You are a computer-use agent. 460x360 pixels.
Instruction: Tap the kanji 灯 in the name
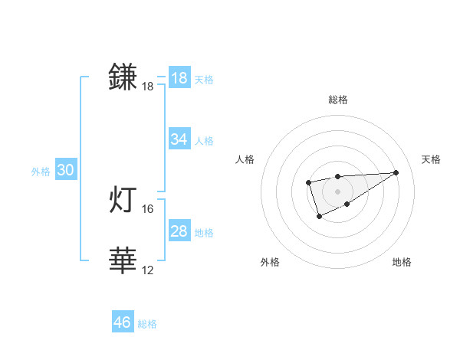(123, 199)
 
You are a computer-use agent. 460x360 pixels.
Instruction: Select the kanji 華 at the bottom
(123, 261)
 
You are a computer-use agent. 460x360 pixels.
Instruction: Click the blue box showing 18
(179, 78)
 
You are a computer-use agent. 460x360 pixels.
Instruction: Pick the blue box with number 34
(179, 139)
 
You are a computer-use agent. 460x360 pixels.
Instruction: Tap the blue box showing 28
(179, 231)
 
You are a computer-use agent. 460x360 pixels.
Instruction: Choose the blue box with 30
(65, 170)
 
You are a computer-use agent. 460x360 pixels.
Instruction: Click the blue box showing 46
(122, 322)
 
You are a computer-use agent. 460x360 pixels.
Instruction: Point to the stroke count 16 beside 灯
(148, 208)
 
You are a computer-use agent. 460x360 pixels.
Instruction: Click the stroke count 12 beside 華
(148, 270)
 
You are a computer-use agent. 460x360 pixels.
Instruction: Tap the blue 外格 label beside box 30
(41, 172)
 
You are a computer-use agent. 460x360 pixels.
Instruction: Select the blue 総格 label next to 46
(147, 324)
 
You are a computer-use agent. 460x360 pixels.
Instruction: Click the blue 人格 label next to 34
(204, 141)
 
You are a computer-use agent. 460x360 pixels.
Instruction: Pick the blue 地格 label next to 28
(204, 233)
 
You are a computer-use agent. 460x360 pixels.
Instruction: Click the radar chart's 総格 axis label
(338, 100)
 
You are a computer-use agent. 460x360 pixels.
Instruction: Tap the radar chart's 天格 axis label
(431, 159)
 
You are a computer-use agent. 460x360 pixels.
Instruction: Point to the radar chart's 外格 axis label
(270, 262)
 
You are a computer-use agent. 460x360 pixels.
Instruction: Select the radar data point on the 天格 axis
(396, 172)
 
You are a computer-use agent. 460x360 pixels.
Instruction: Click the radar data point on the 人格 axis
(308, 182)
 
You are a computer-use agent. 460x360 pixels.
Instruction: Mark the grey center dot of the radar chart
(338, 191)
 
